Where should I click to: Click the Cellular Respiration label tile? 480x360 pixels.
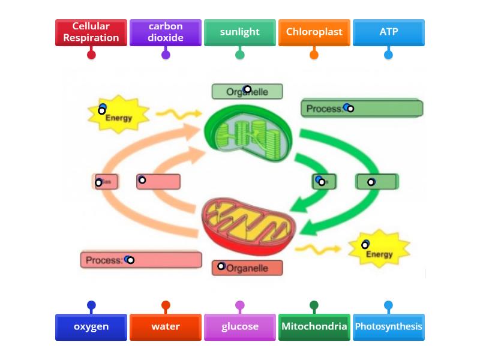tap(91, 32)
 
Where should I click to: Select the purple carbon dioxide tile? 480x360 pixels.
tap(166, 32)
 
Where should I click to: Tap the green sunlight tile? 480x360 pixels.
tap(240, 32)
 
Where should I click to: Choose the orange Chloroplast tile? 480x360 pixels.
tap(314, 32)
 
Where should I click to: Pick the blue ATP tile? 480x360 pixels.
tap(388, 32)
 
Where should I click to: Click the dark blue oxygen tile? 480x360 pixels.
tap(91, 327)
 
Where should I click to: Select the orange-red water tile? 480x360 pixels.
tap(166, 327)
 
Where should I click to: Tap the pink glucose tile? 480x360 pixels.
tap(240, 327)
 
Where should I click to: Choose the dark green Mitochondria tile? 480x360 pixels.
tap(314, 327)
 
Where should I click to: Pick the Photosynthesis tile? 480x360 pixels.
tap(388, 327)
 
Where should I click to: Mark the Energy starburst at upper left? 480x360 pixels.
tap(118, 114)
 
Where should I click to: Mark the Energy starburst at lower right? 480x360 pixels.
tap(379, 249)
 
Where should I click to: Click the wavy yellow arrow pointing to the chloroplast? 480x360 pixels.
tap(178, 113)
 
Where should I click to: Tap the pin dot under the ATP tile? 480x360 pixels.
tap(388, 55)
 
